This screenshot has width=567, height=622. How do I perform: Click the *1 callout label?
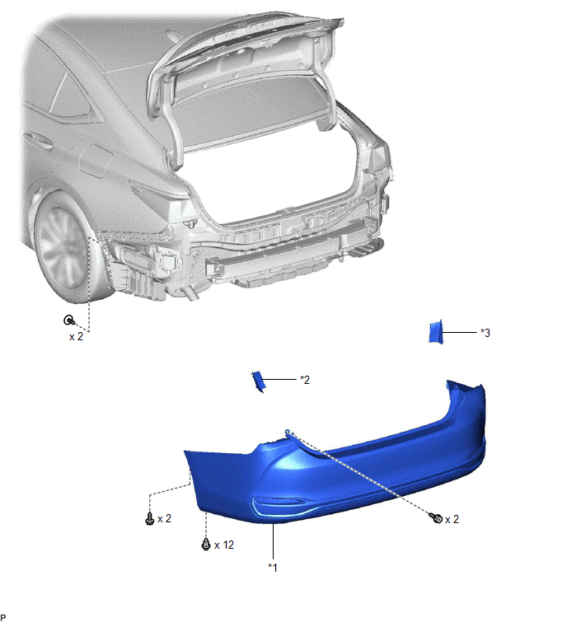coord(273,568)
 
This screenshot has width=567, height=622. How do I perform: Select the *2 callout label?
coord(305,380)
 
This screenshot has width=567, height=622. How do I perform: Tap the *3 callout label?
coord(485,333)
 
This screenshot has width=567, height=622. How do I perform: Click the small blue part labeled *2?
coord(258,381)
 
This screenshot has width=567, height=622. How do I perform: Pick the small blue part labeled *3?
coord(436,332)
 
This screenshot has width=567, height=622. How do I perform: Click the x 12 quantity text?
coord(224,545)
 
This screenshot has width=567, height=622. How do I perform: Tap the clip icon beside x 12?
coord(206,544)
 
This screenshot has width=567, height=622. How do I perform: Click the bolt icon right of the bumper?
coord(436,517)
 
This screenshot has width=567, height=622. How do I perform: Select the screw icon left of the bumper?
coord(150,518)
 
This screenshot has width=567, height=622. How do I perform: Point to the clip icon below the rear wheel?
coord(69,320)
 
